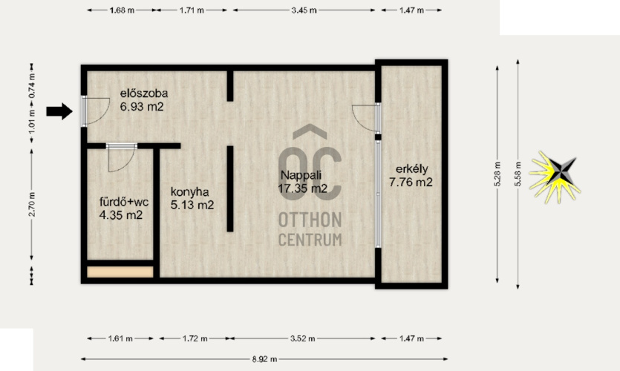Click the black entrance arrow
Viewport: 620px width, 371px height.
pos(59,111)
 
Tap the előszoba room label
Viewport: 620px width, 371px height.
pos(144,93)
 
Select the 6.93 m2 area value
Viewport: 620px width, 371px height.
pos(142,107)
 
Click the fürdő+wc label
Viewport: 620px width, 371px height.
pos(124,203)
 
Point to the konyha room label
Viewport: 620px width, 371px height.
pos(190,192)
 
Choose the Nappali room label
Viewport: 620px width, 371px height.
pos(301,175)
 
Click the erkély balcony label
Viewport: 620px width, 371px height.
pos(411,169)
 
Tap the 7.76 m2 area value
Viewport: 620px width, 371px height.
pos(411,183)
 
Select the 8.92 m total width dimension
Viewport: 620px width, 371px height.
pos(264,359)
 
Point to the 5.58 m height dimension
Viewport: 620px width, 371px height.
pos(518,174)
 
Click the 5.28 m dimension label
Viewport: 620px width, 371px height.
pos(497,174)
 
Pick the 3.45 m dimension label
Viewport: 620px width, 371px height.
pos(304,10)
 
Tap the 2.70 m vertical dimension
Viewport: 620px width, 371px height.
pos(32,204)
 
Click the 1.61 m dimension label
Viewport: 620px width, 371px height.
pos(120,338)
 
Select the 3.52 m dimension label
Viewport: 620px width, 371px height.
pos(302,338)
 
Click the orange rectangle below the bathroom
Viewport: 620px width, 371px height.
pos(120,272)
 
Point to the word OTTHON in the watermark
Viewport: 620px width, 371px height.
pos(310,220)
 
